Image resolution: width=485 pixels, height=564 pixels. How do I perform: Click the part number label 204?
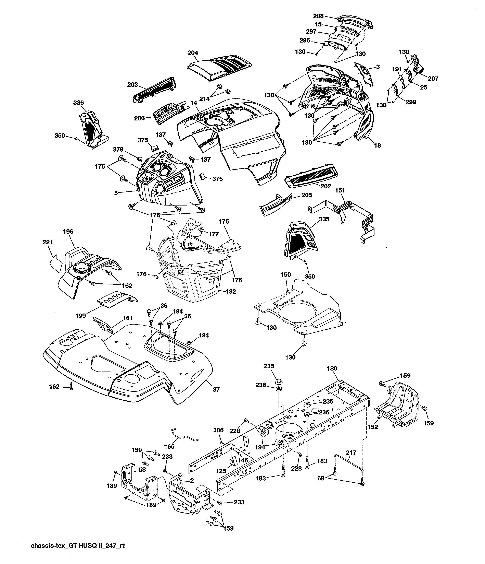[193, 53]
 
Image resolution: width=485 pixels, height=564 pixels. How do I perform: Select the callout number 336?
[79, 103]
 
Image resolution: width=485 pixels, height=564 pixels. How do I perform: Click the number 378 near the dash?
[118, 149]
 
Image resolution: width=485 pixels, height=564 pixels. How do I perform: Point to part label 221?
[48, 242]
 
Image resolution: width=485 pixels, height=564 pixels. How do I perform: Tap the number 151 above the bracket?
[340, 190]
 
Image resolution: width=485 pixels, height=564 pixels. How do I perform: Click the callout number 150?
[286, 275]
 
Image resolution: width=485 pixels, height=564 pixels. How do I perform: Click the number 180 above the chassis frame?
[332, 368]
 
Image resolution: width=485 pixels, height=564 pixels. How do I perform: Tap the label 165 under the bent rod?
[169, 446]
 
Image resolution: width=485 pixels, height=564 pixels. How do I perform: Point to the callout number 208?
[318, 16]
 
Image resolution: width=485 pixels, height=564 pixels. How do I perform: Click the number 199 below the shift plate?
[81, 316]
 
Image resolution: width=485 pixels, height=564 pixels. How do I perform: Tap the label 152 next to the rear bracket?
[373, 427]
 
